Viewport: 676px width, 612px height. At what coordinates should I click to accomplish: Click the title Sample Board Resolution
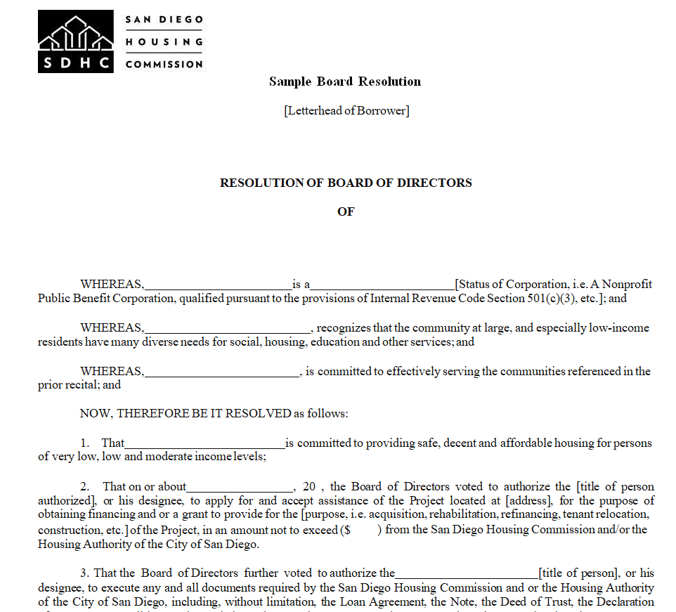(x=345, y=82)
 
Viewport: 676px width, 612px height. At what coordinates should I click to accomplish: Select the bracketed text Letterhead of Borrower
(x=346, y=110)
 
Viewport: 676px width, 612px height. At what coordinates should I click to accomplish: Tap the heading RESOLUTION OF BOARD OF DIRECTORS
(x=346, y=183)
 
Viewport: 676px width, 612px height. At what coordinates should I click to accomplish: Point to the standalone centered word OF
(x=346, y=211)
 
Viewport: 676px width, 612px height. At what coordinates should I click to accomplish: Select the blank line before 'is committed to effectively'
(x=222, y=372)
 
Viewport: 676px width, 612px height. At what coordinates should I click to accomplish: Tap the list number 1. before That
(x=84, y=443)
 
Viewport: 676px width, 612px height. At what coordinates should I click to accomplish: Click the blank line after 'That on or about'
(x=240, y=487)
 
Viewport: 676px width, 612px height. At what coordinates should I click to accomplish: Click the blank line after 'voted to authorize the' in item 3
(x=467, y=573)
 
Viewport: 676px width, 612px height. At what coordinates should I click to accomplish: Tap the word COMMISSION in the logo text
(x=164, y=64)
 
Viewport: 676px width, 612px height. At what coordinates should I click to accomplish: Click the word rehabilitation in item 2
(x=462, y=516)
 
